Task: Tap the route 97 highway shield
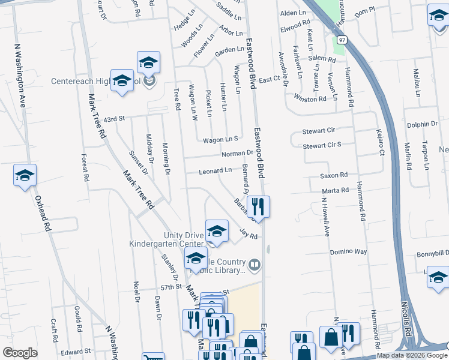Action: pyautogui.click(x=342, y=40)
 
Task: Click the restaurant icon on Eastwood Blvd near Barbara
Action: pyautogui.click(x=258, y=207)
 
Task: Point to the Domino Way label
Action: pyautogui.click(x=348, y=252)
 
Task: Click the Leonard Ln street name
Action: pyautogui.click(x=215, y=171)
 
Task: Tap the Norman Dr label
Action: pyautogui.click(x=237, y=154)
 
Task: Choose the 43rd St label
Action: pyautogui.click(x=113, y=119)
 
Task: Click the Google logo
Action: pyautogui.click(x=20, y=353)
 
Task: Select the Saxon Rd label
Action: pyautogui.click(x=334, y=175)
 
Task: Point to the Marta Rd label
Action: pyautogui.click(x=334, y=191)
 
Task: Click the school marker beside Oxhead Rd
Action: pyautogui.click(x=25, y=176)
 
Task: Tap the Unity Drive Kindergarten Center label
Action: pyautogui.click(x=166, y=239)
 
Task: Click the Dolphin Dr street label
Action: pyautogui.click(x=422, y=124)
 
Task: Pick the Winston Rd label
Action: pyautogui.click(x=310, y=98)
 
